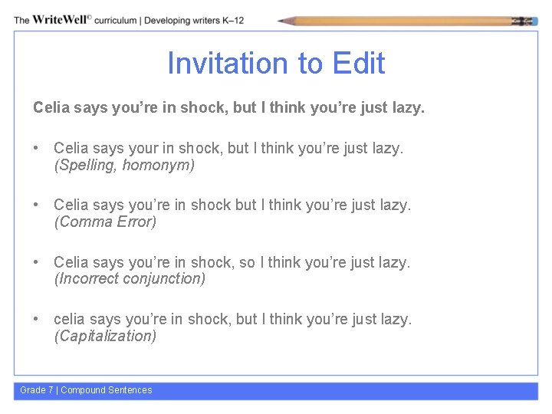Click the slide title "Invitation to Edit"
(x=276, y=64)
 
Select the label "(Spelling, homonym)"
(x=124, y=165)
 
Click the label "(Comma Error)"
(x=105, y=222)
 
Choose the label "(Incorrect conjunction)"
(x=130, y=278)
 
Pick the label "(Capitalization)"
(x=105, y=336)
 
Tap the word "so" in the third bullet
(x=247, y=262)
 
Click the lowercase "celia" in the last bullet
(x=70, y=319)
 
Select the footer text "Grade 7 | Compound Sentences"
(x=86, y=390)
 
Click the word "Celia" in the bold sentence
(x=51, y=108)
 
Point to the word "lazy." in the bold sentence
(x=406, y=108)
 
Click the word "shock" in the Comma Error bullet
(x=210, y=205)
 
